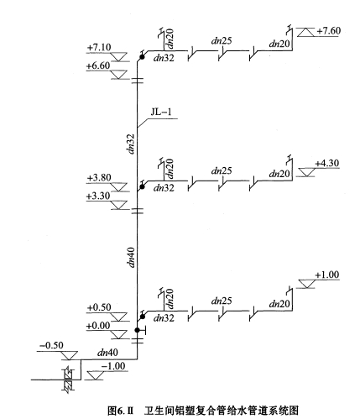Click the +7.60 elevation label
point(329,30)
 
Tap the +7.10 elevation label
point(99,47)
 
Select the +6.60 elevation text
point(98,65)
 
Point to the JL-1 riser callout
point(161,112)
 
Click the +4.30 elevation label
point(327,163)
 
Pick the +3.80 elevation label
point(99,177)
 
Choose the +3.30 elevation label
point(98,196)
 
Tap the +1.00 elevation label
point(327,275)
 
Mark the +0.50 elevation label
point(99,307)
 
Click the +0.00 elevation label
point(98,326)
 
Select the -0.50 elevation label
point(51,345)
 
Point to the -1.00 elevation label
point(113,366)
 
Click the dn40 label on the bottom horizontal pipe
point(107,353)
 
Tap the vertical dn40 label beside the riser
point(131,257)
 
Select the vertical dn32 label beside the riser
point(131,144)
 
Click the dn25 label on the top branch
point(222,41)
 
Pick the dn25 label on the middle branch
point(222,170)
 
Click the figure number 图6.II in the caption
point(121,411)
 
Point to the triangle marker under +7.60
point(305,32)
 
